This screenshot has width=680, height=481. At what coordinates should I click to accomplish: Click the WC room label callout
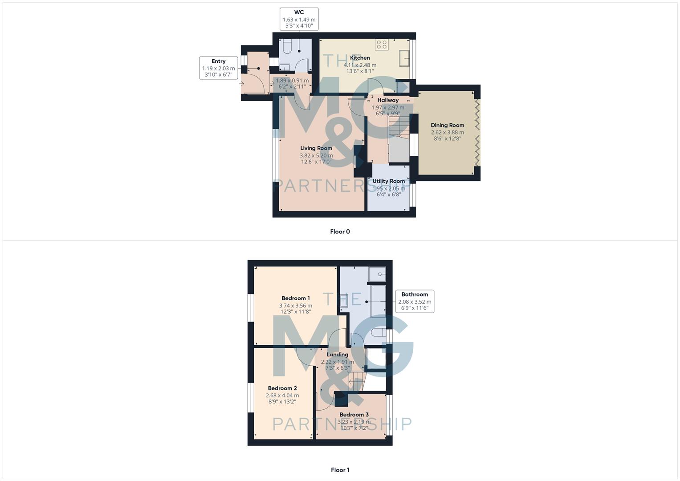[299, 19]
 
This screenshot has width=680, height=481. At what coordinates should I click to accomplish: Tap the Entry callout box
[218, 68]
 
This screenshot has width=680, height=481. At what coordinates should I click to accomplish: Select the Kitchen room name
[360, 58]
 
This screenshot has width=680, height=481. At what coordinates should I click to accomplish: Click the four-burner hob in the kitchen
[382, 44]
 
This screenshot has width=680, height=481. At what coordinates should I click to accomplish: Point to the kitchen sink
[405, 58]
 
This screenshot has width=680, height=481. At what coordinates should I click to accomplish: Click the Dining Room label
[447, 126]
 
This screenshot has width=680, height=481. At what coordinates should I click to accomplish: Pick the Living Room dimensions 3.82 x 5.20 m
[316, 156]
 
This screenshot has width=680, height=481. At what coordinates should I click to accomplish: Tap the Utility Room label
[388, 181]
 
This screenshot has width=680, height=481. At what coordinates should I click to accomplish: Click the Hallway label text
[388, 101]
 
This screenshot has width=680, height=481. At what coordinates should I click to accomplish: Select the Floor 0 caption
[340, 232]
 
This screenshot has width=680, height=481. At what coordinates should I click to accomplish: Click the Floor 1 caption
[340, 470]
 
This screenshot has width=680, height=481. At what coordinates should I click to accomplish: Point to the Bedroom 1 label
[296, 298]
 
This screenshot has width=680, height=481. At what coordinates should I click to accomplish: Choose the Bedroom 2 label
[282, 388]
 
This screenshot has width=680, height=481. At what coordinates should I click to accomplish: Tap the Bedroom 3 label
[354, 415]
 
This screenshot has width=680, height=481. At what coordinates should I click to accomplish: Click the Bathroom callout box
[415, 302]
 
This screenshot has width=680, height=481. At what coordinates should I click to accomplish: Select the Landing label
[338, 355]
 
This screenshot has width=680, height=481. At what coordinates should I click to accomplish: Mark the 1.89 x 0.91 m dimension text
[292, 81]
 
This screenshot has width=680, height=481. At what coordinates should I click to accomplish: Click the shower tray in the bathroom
[377, 273]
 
